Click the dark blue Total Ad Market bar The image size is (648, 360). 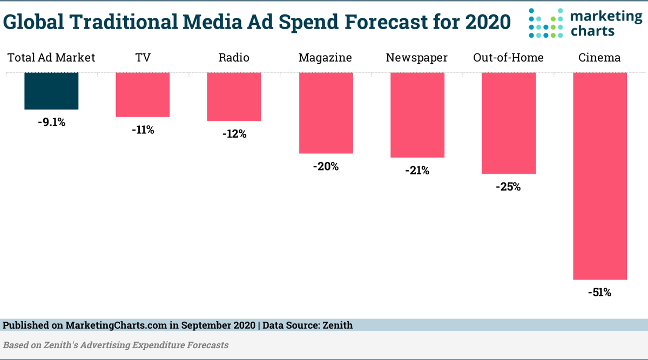51,91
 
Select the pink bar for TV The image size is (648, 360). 143,94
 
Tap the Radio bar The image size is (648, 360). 234,97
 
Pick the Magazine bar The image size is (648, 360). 326,113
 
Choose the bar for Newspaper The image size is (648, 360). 417,115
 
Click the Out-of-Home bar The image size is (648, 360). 508,123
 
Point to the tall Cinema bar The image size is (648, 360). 599,176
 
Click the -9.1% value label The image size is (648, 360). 51,123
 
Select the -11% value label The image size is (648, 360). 143,130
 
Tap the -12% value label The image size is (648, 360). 234,134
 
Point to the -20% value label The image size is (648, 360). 326,167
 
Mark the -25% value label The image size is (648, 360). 508,187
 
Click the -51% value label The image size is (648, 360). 599,293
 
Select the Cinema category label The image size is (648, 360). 599,58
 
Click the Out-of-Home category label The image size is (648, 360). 508,58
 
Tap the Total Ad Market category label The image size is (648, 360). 51,58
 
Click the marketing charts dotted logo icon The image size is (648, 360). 547,23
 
